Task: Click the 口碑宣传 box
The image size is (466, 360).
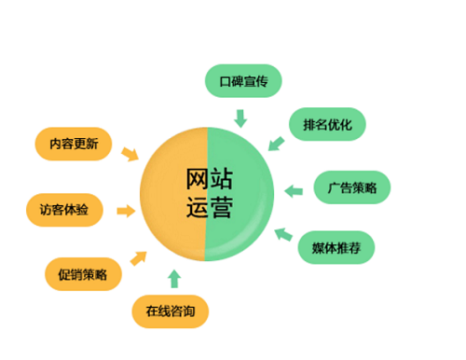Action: pos(243,80)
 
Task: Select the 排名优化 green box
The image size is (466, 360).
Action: pos(327,123)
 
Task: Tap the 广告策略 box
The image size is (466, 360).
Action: pos(351,187)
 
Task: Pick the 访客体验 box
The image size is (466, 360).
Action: pos(64,210)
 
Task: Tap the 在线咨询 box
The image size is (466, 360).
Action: pos(170,310)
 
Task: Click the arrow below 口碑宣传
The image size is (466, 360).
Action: pos(240,118)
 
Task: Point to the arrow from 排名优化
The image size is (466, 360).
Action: pos(275,143)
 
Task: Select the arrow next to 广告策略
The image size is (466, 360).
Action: pos(294,191)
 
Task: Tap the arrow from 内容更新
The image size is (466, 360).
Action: pos(130,153)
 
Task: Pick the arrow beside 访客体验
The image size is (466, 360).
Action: pos(123,211)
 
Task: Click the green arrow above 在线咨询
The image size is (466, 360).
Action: pos(173,277)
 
